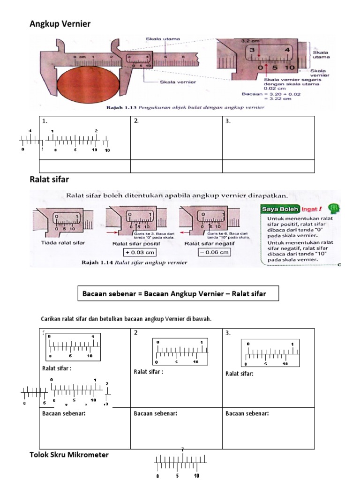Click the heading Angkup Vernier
[x=60, y=24]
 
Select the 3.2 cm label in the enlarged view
[x=247, y=41]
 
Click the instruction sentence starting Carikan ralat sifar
[x=127, y=319]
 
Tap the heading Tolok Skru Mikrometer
[x=69, y=455]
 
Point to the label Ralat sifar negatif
[x=209, y=244]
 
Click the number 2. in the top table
[x=136, y=121]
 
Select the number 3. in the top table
[x=228, y=121]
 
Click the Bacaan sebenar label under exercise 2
[x=155, y=413]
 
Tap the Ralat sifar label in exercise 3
[x=240, y=374]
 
